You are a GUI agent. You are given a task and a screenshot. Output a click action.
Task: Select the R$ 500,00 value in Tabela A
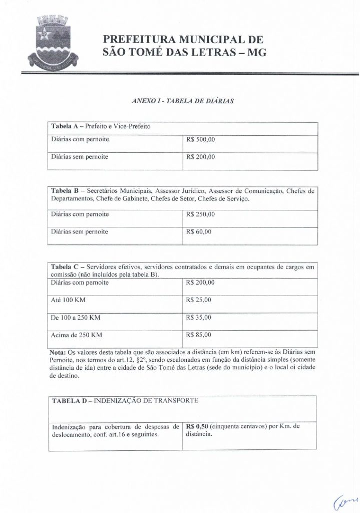point(200,140)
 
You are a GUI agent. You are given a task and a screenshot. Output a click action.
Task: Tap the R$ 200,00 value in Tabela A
point(200,157)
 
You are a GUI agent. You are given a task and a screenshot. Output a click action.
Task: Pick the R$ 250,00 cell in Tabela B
point(200,214)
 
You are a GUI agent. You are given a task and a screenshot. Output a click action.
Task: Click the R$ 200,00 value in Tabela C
point(200,283)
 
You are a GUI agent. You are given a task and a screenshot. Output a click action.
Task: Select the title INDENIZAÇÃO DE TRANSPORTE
point(145,401)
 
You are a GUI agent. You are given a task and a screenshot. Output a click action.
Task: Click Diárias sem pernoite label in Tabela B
point(80,232)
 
